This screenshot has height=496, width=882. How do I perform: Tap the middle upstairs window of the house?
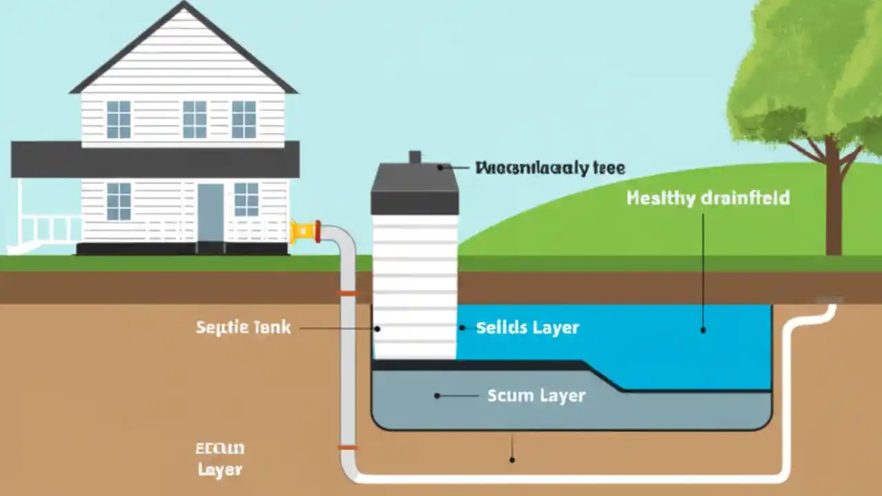click(194, 119)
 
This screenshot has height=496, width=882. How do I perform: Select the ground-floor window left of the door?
click(119, 200)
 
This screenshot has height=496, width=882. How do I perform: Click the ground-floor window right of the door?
click(246, 199)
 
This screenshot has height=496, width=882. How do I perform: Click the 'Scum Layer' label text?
click(536, 395)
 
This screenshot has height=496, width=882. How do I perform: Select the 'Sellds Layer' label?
click(527, 328)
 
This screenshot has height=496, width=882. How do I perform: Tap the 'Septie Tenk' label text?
click(243, 327)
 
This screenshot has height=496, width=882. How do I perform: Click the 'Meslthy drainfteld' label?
click(708, 198)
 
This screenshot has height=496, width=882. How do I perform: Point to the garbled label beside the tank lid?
click(550, 167)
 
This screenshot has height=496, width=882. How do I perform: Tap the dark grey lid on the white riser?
click(415, 189)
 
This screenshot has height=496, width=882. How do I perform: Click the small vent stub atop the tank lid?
click(415, 157)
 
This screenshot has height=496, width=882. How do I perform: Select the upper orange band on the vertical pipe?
click(348, 293)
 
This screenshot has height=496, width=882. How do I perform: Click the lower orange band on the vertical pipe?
click(348, 448)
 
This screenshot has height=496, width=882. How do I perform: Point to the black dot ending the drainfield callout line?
click(703, 330)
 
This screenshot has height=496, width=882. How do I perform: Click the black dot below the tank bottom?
click(511, 459)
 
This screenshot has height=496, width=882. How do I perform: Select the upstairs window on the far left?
click(119, 119)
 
